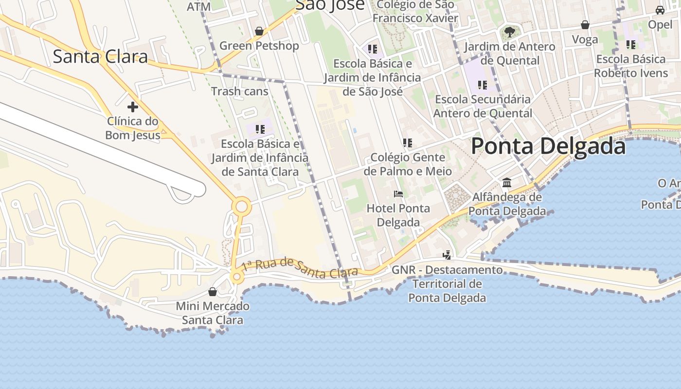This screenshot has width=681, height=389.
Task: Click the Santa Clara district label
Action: [x=100, y=56]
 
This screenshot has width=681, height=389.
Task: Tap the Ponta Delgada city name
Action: [x=548, y=146]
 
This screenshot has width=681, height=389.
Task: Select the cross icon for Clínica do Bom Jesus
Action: [x=132, y=107]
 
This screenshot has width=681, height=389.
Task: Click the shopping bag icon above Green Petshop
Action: [x=259, y=31]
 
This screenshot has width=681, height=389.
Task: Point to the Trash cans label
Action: [x=239, y=91]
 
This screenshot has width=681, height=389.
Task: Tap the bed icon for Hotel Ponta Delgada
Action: [x=398, y=194]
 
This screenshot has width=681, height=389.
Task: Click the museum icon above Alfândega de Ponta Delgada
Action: [x=507, y=182]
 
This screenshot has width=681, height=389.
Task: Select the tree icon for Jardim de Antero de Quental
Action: [x=509, y=32]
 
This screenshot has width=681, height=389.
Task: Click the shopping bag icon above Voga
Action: [x=585, y=25]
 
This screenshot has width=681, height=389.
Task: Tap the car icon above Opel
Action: [x=660, y=10]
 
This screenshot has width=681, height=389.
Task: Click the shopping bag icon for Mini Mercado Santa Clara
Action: [x=212, y=292]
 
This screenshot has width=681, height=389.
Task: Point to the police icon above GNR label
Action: [x=447, y=255]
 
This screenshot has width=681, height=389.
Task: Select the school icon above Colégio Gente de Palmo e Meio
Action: [x=408, y=143]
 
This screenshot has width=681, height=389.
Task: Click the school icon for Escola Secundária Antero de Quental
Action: [x=482, y=85]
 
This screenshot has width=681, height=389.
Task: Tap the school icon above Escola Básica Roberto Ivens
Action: [x=631, y=45]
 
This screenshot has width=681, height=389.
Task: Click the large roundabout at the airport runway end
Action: [x=241, y=207]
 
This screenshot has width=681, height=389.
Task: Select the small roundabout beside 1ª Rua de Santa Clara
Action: [x=237, y=277]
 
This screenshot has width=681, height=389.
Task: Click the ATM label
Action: [x=198, y=6]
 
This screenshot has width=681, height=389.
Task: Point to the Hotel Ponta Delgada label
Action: [x=398, y=215]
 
